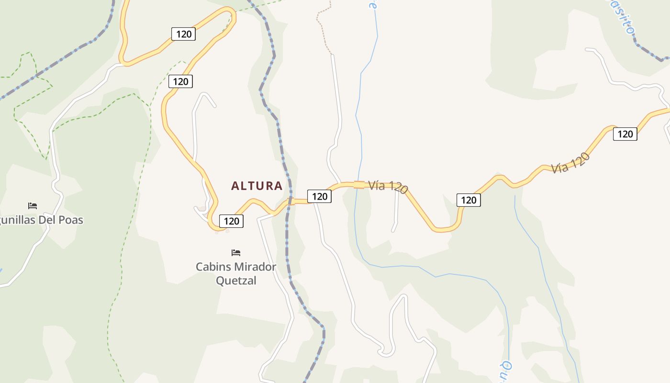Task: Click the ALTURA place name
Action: [257, 186]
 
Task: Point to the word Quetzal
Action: [236, 280]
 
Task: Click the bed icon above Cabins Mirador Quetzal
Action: [236, 252]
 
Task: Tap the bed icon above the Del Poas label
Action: [33, 205]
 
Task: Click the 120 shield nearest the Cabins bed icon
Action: [231, 221]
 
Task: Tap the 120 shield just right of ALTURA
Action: [319, 196]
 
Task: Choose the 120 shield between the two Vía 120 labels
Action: [469, 200]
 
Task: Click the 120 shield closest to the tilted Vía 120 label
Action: [625, 134]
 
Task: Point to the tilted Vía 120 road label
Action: [570, 163]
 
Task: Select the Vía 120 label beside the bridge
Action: [388, 186]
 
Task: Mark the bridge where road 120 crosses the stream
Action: [359, 184]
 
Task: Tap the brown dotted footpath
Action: [324, 29]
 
